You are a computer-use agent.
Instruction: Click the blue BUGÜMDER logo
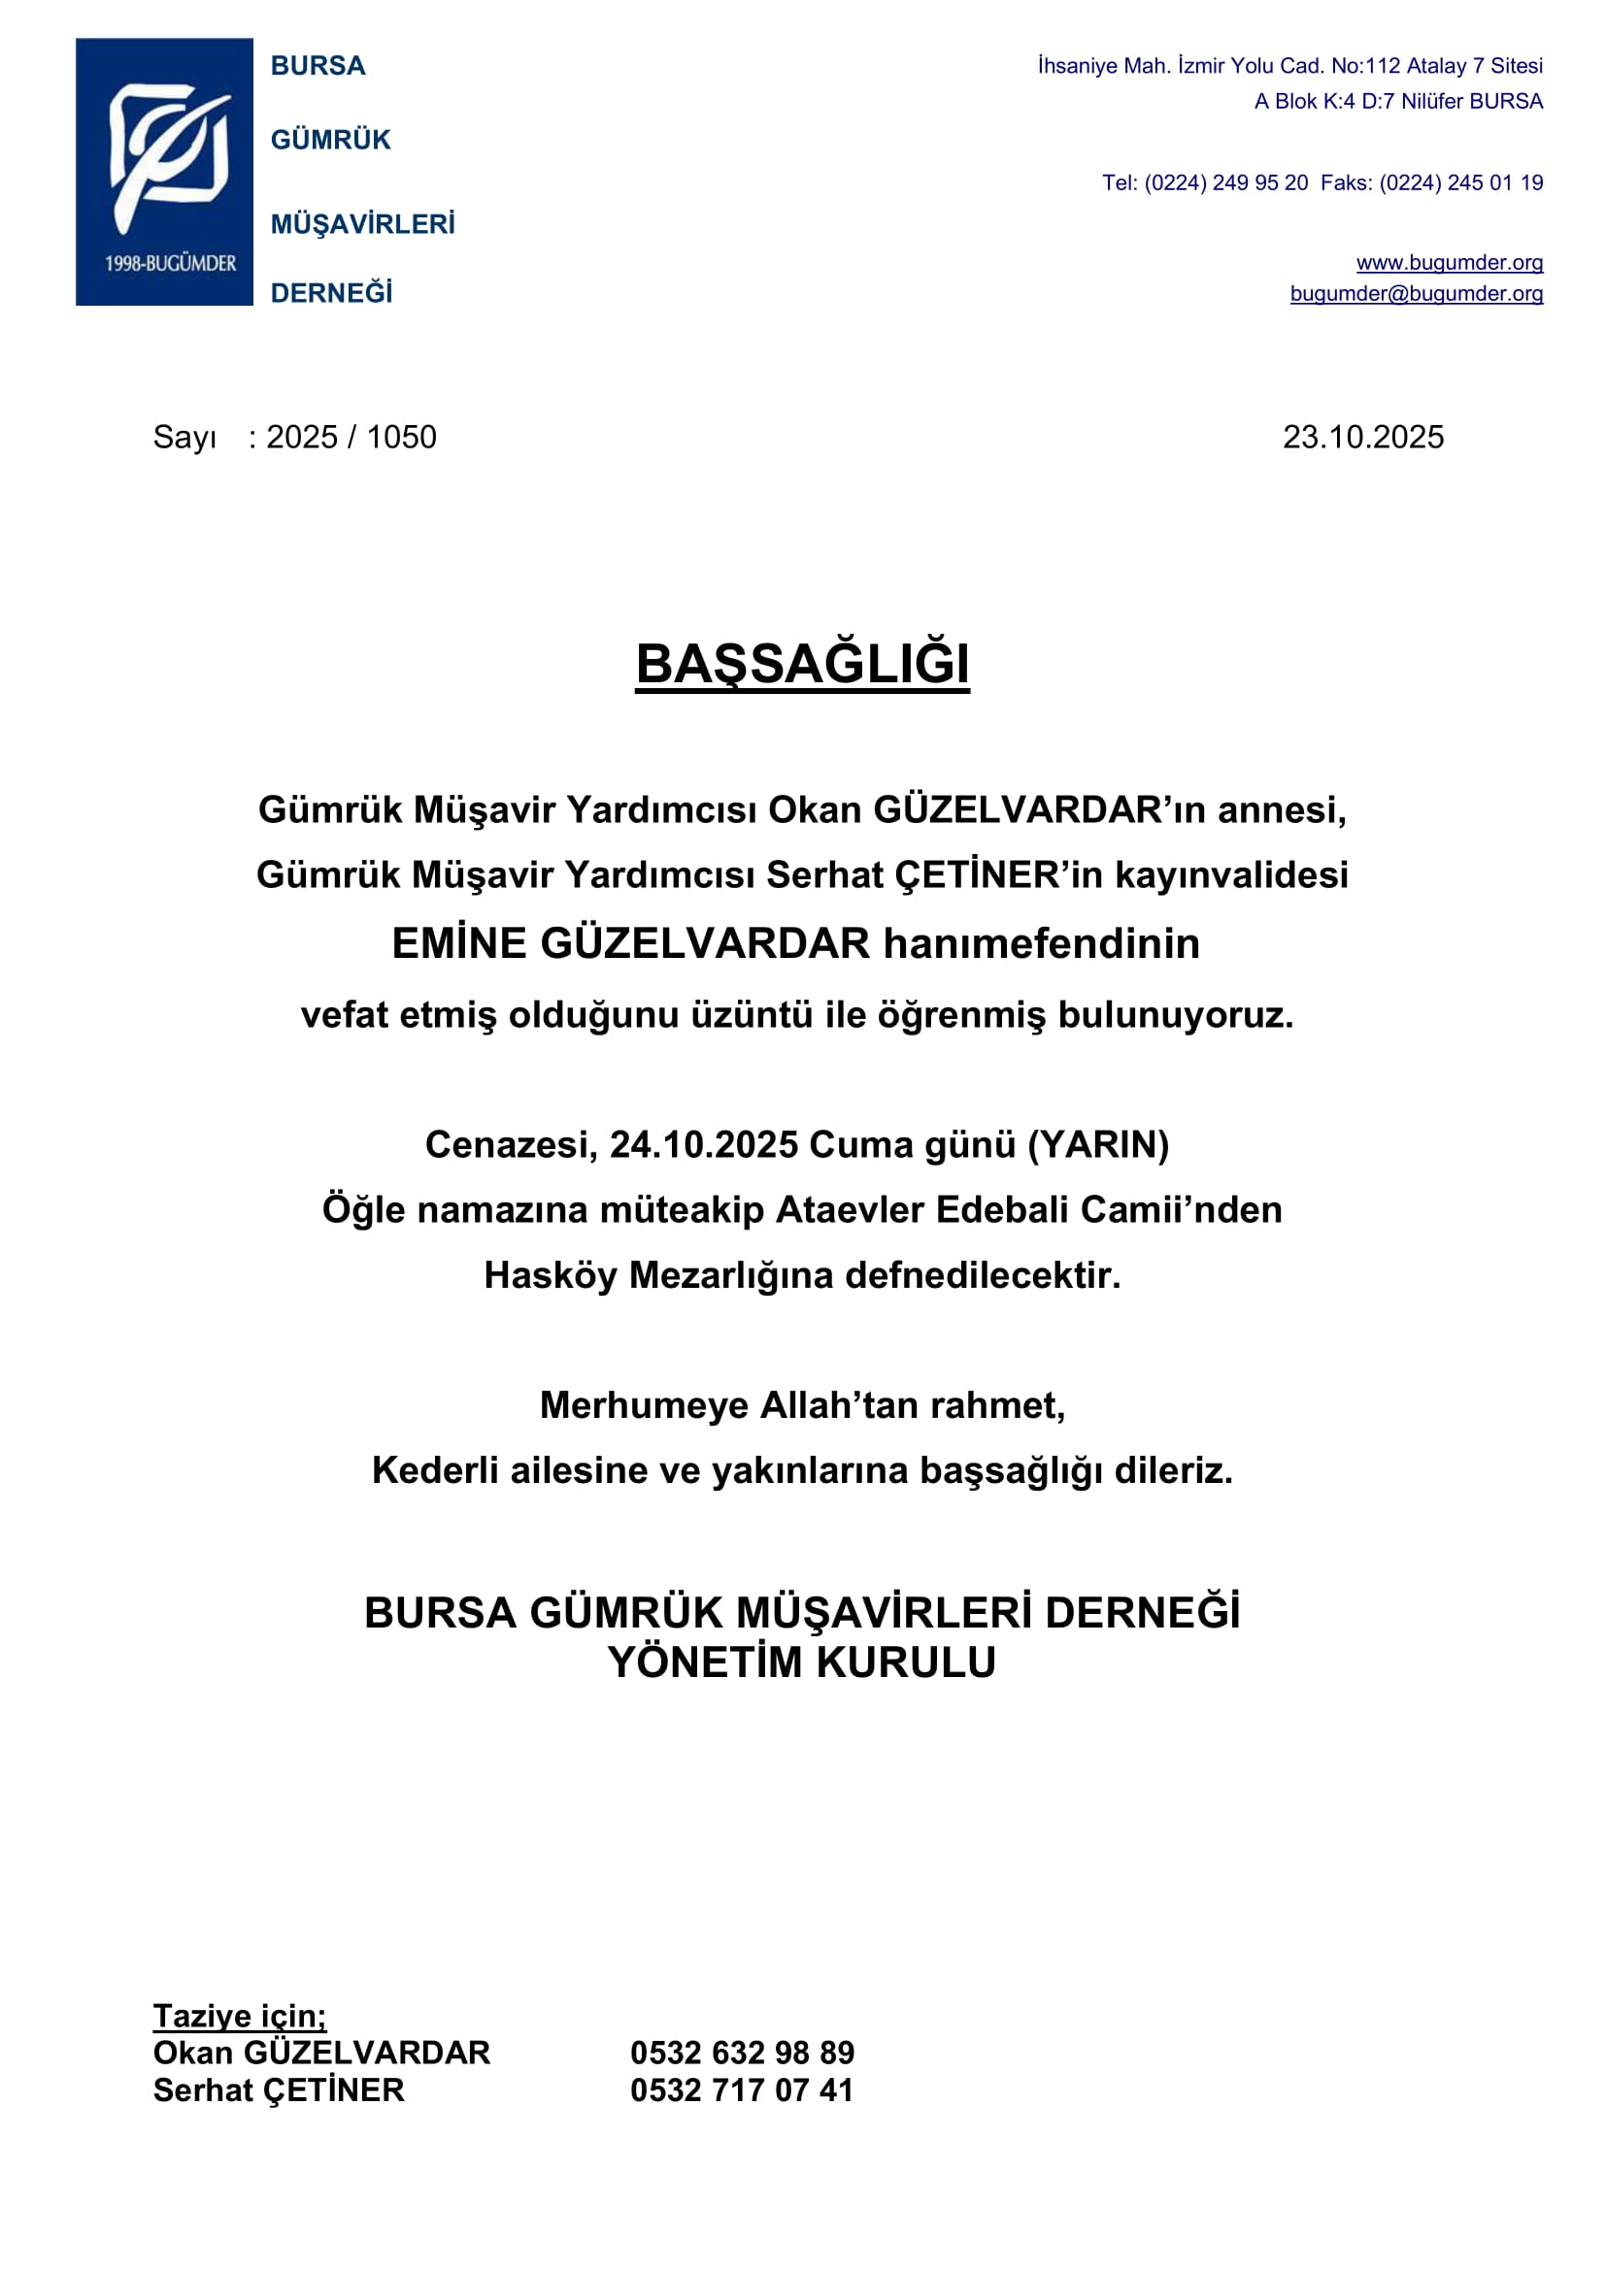[164, 171]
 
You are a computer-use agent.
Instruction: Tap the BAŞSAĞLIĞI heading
[802, 664]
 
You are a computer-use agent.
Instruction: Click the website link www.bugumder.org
[1449, 262]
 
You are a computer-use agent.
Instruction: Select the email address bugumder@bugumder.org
[1416, 294]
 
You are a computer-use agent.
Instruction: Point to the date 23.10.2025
[1362, 437]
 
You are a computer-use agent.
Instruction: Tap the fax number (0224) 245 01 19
[1460, 182]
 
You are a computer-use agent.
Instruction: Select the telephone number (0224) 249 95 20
[1226, 182]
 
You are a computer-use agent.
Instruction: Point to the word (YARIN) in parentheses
[1098, 1145]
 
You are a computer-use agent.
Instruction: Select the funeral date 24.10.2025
[703, 1145]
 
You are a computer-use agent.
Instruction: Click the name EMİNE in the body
[460, 943]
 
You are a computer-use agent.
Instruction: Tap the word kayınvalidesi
[1231, 875]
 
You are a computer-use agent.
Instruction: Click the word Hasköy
[550, 1275]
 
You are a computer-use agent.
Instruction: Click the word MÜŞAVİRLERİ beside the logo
[363, 224]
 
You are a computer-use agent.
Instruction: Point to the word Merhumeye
[644, 1405]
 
